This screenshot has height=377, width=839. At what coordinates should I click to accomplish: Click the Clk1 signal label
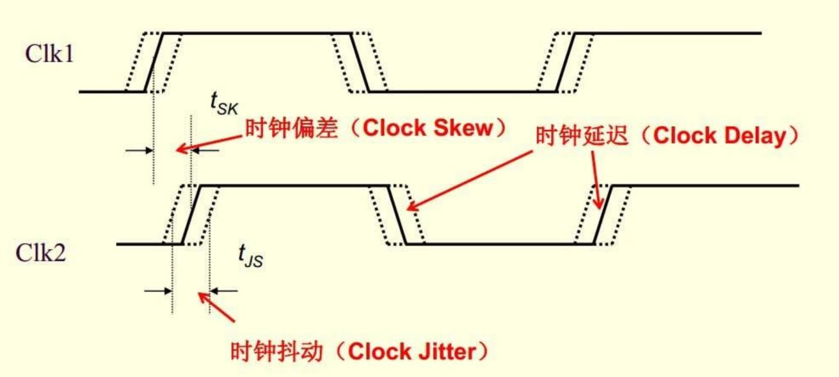pos(49,54)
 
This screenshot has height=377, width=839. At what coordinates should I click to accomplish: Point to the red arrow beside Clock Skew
pos(209,139)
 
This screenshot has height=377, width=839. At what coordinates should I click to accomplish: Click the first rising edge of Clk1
pos(154,62)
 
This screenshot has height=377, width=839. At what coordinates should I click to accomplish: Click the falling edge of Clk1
pos(360,62)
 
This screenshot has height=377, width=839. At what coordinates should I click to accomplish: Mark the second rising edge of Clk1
pos(566,62)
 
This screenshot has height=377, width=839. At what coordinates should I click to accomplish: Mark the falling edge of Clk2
pos(397,214)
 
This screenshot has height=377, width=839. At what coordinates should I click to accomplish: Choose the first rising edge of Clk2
pos(191,214)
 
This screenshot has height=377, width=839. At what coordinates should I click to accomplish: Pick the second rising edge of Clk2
pos(603,214)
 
